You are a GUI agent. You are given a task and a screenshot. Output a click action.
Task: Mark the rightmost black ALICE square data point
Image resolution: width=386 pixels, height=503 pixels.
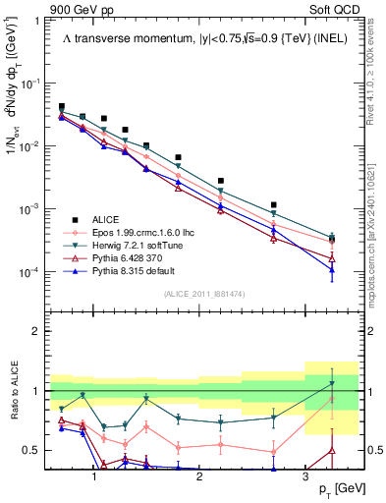332,238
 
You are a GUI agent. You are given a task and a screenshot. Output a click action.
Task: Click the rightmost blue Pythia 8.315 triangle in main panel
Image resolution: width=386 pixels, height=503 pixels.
332,270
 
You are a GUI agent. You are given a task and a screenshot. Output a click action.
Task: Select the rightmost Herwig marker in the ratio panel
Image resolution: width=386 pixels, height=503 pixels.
332,383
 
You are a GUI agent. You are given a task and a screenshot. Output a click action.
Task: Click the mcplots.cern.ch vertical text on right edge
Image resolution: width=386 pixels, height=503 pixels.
376,226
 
